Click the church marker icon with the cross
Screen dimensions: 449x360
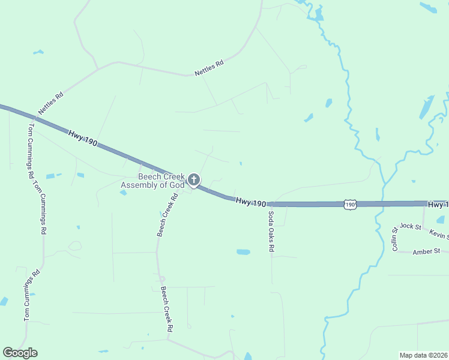pyautogui.click(x=194, y=179)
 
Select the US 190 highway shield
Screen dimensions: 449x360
pyautogui.click(x=351, y=205)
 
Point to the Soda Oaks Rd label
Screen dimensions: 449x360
pyautogui.click(x=271, y=231)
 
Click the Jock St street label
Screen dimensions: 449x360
pyautogui.click(x=411, y=226)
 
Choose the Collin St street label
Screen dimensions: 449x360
pyautogui.click(x=395, y=239)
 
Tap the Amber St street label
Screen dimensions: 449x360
pyautogui.click(x=426, y=251)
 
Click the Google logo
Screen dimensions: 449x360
pyautogui.click(x=20, y=353)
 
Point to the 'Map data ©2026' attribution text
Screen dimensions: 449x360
pyautogui.click(x=423, y=355)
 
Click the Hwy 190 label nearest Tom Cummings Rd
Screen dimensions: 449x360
pyautogui.click(x=82, y=139)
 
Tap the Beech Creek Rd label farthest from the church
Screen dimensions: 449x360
pyautogui.click(x=166, y=309)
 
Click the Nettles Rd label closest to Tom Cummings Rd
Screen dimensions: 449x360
pyautogui.click(x=50, y=103)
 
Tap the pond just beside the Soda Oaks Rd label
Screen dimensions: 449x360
pyautogui.click(x=243, y=252)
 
